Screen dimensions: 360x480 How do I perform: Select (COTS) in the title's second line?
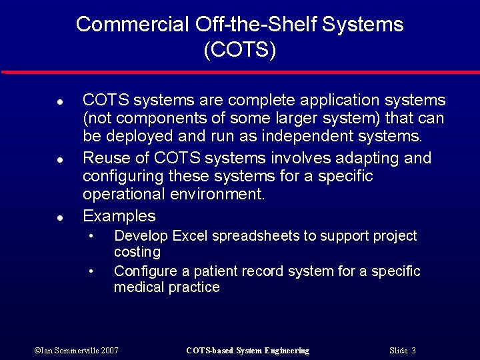point(240,50)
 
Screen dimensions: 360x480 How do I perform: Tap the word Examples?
point(119,216)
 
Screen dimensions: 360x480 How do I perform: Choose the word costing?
point(137,252)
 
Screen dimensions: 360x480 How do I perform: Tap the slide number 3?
point(413,351)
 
